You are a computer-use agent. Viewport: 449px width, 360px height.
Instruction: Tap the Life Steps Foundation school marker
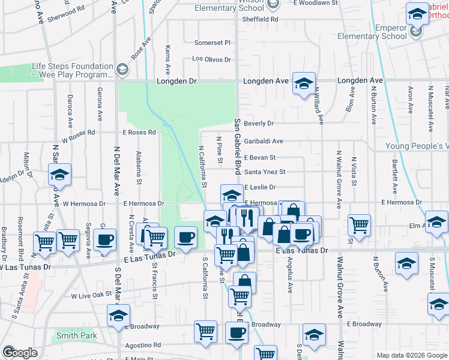point(122,70)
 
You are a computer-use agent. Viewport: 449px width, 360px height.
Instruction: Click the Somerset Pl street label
point(212,43)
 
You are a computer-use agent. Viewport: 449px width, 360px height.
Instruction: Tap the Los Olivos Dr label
point(211,59)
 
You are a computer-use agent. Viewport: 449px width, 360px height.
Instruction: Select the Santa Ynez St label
point(265,172)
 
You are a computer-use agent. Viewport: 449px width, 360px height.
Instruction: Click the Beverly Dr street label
point(259,124)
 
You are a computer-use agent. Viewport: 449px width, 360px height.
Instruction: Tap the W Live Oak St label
point(92,296)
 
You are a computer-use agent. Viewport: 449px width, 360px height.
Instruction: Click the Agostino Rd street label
point(144,346)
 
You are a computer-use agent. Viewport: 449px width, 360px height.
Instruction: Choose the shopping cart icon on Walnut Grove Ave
point(359,225)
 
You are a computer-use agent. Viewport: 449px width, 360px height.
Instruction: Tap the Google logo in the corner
point(20,353)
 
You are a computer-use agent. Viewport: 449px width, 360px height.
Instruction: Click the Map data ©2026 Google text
point(411,355)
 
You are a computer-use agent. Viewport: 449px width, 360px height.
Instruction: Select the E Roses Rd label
point(139,132)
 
